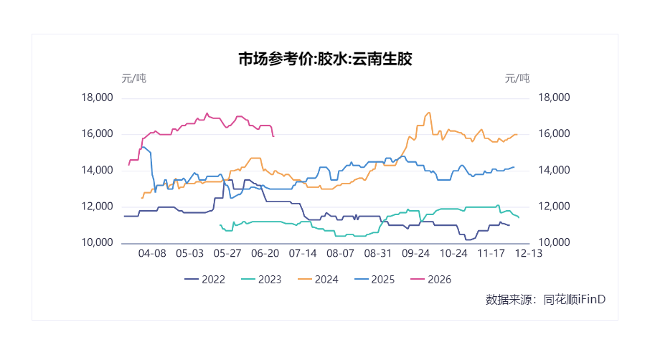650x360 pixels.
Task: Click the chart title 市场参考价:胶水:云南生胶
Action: [325, 59]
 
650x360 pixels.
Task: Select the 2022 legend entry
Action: [204, 280]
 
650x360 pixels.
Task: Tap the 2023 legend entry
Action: [261, 280]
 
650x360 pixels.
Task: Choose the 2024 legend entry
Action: [318, 280]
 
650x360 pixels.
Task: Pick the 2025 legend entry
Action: [375, 280]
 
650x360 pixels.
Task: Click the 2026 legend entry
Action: [430, 280]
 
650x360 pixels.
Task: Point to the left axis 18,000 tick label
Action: [97, 98]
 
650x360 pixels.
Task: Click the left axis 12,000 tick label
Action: [97, 207]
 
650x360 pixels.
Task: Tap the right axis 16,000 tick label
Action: [554, 134]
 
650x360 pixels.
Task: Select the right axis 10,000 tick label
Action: [554, 242]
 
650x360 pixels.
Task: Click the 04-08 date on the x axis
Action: [152, 254]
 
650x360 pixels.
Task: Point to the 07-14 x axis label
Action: [303, 254]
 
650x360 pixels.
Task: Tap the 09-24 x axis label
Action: [416, 254]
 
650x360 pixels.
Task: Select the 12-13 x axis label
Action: [529, 254]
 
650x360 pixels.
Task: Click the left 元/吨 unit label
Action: [134, 78]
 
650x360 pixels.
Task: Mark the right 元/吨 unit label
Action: [517, 78]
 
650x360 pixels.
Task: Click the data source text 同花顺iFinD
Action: [575, 300]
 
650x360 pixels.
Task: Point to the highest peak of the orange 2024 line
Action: [429, 113]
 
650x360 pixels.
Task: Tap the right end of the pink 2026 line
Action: [273, 136]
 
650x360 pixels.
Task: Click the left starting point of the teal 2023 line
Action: [220, 225]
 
